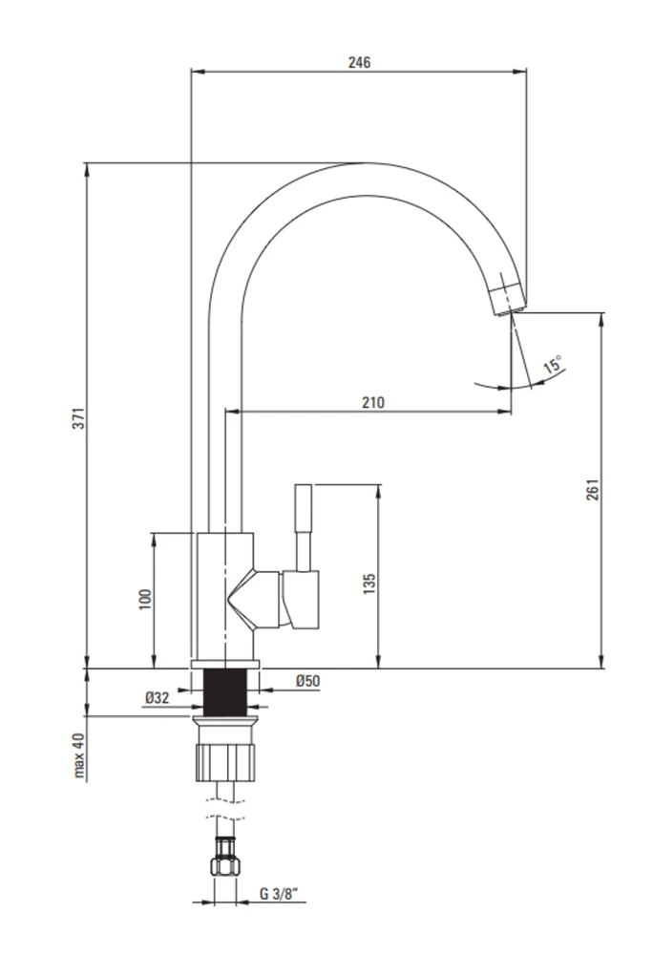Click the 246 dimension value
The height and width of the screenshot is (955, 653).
coord(359,62)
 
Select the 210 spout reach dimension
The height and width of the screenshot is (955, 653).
coord(373,402)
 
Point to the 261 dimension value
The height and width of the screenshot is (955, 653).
coord(593,490)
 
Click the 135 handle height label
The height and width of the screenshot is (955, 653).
coord(369,584)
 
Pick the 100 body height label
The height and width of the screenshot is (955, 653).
coord(145,600)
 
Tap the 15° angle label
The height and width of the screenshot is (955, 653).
coord(554,364)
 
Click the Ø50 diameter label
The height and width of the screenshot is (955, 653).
coord(308,681)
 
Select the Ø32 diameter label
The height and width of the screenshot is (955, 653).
coord(157,698)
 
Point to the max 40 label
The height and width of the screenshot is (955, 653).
coord(78,755)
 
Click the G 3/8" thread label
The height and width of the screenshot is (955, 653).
coord(280,894)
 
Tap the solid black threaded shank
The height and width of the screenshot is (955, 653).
coord(224,691)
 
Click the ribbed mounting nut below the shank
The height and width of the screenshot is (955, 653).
coord(224,760)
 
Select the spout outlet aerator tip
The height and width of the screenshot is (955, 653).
coord(508,300)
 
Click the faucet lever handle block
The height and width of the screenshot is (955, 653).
coord(300,600)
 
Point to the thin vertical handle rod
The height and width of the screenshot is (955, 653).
coord(303,527)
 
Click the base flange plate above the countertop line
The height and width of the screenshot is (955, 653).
coord(224,664)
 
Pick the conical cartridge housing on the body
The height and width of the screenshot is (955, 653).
coord(254,600)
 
